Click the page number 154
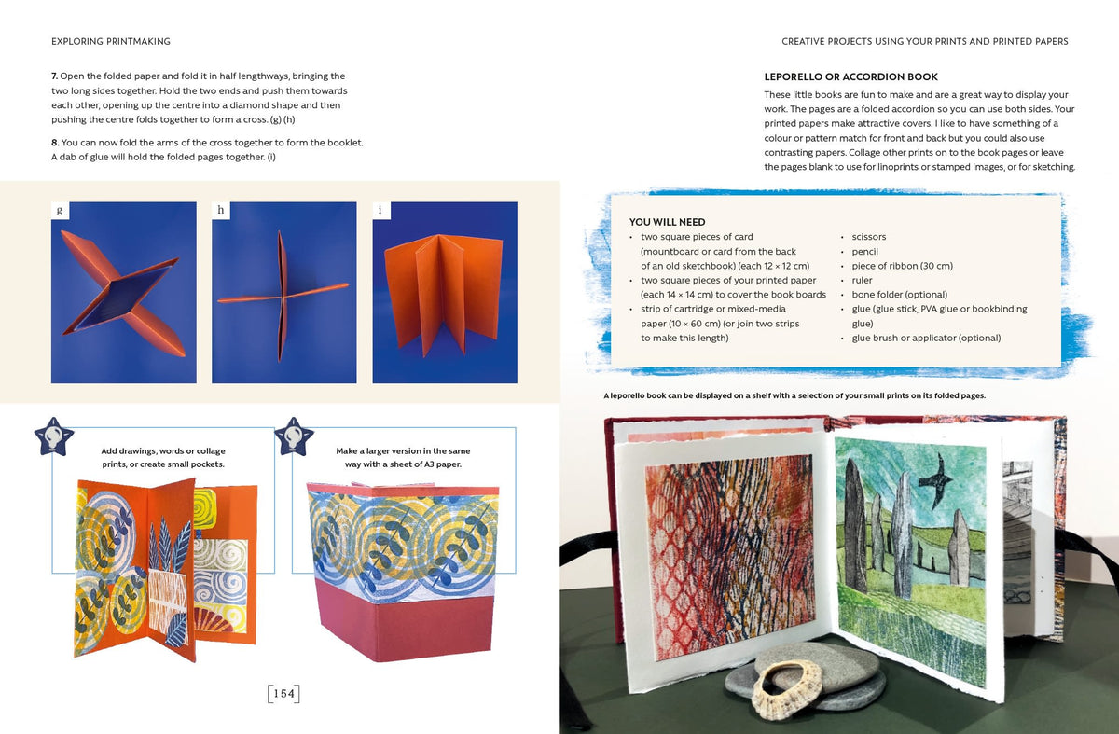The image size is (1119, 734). pos(283,694)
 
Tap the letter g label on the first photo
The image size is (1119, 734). pos(60,211)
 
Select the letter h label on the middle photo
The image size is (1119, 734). pos(221,211)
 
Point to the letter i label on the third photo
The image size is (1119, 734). pos(381,211)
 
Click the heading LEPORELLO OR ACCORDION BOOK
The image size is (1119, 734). pos(850,77)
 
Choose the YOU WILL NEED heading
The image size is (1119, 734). pos(667,222)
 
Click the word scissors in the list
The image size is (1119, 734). pos(869,237)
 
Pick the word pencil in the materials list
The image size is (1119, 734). pos(864,251)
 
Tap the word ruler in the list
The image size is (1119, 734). pos(862,281)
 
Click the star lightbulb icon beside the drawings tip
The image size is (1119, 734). pos(54,436)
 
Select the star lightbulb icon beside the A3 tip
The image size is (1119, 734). pos(295,436)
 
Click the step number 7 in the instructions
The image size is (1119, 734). pos(54,76)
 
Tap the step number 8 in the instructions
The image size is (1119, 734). pos(55,143)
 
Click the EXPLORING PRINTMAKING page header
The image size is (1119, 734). pos(111,41)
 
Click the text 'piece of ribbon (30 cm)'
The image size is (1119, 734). pos(903,266)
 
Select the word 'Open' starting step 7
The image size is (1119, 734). pos(72,76)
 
